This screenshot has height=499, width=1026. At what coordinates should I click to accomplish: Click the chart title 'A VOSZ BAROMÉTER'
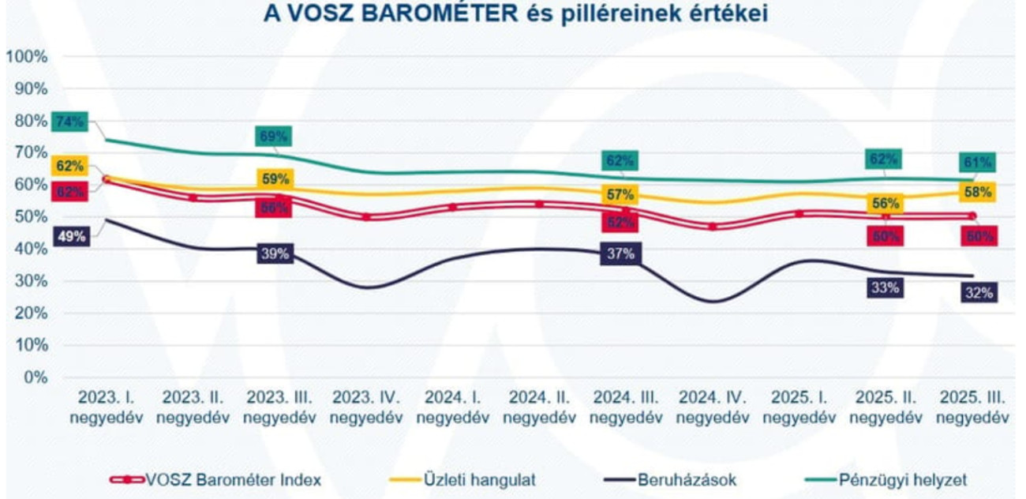click(512, 13)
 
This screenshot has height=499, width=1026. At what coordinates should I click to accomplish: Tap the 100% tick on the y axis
click(27, 57)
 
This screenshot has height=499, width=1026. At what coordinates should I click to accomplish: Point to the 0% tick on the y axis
click(33, 377)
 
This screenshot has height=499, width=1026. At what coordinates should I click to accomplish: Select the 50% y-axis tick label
click(30, 216)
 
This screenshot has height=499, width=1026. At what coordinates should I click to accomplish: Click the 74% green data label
click(69, 122)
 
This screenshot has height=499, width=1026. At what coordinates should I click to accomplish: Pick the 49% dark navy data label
click(71, 235)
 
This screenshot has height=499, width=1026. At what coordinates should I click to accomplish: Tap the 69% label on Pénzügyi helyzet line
click(273, 136)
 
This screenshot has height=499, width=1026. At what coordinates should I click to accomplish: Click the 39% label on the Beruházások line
click(276, 253)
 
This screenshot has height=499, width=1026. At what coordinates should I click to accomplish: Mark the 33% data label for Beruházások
click(884, 287)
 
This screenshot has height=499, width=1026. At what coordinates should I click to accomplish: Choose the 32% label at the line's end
click(979, 293)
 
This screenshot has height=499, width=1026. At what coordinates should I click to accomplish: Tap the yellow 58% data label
click(979, 191)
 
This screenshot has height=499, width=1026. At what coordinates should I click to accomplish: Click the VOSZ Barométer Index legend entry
click(215, 479)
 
